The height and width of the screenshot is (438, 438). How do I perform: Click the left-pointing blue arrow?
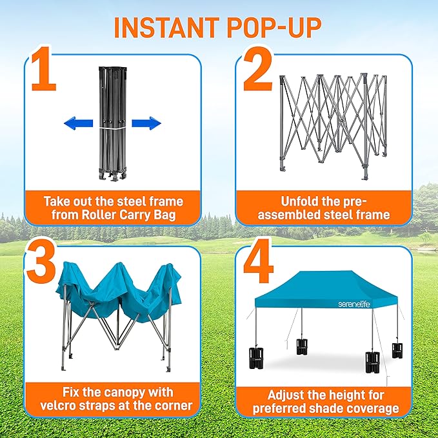coord(77,124)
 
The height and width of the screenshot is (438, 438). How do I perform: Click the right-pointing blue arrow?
coord(146,123)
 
